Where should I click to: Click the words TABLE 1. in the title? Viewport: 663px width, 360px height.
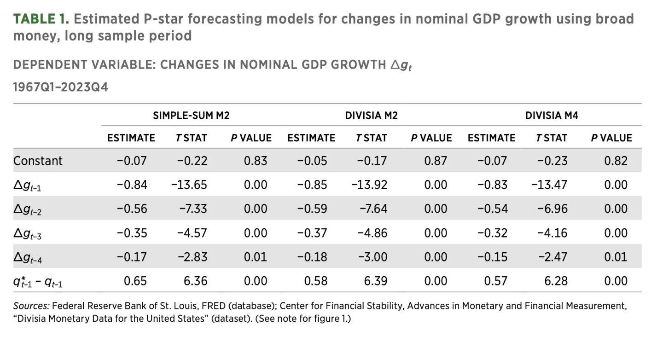tap(41, 19)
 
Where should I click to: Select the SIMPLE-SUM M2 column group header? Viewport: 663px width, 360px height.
tap(191, 116)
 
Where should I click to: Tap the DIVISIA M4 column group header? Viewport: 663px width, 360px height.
tap(552, 116)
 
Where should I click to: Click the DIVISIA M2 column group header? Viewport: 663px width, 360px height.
tap(371, 116)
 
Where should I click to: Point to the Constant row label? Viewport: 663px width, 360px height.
tap(38, 161)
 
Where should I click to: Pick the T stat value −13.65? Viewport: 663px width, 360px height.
tap(189, 185)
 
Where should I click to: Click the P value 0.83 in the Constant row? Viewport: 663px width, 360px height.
tap(256, 161)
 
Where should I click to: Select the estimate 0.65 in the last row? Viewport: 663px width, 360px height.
tap(135, 281)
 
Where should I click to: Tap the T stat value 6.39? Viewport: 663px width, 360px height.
tap(375, 281)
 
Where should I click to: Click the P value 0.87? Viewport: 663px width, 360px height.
tap(436, 161)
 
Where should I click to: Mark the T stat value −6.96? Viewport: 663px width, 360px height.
tap(552, 209)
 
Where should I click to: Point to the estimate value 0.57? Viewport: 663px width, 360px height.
tap(496, 281)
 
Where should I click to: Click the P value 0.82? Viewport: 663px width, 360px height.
tap(616, 161)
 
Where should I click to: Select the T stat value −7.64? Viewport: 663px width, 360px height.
tap(372, 209)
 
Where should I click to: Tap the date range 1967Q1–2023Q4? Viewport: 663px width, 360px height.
tap(60, 87)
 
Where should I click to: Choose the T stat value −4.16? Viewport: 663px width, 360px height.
tap(552, 233)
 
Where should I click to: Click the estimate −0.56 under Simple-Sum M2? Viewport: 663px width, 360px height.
tap(132, 209)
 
